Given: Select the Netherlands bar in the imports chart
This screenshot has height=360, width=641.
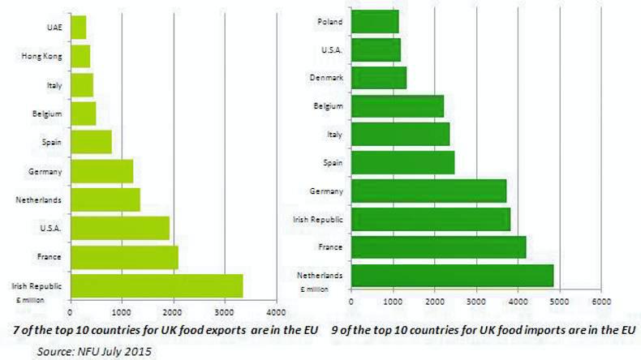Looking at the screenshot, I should tap(452, 276).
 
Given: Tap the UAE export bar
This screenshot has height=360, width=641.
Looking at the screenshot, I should tap(79, 28).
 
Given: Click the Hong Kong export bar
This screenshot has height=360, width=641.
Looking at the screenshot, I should tap(80, 56).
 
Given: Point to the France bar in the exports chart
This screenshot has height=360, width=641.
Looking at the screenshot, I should tap(124, 257).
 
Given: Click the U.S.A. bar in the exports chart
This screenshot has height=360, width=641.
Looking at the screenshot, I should tap(120, 228).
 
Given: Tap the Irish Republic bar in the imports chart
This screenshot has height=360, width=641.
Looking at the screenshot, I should tap(430, 219).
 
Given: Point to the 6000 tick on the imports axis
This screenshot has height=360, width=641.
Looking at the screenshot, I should tap(600, 302).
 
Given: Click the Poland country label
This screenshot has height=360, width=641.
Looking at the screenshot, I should tap(329, 21).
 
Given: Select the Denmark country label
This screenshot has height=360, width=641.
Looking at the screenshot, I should tap(326, 78).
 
